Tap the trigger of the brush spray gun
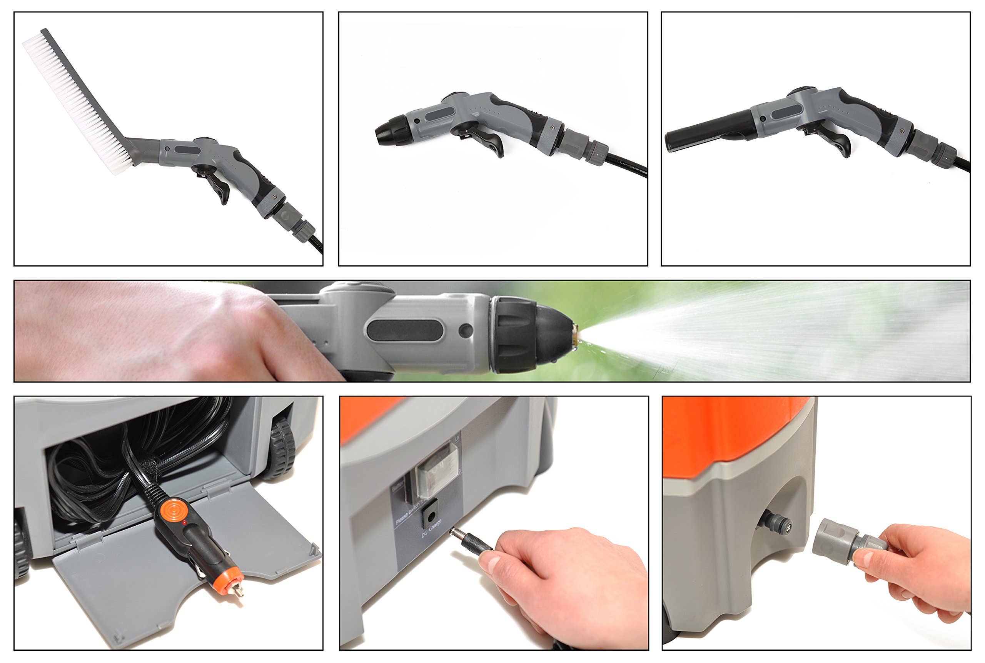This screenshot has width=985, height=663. click(220, 188)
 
